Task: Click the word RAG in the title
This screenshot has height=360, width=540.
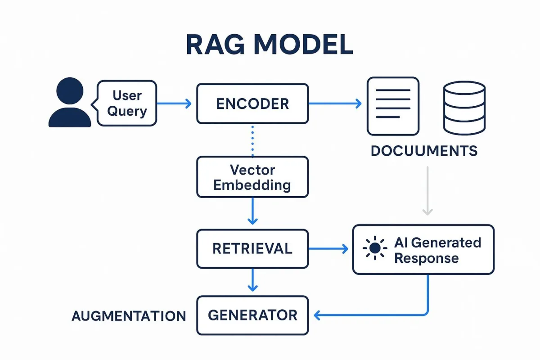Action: tap(215, 45)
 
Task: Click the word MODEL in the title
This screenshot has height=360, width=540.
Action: tap(303, 45)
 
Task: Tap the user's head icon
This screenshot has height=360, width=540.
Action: tap(70, 91)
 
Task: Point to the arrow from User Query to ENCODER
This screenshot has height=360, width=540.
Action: tap(174, 103)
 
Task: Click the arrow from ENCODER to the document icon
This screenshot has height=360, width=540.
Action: tap(335, 103)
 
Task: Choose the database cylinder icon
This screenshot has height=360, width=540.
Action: tap(464, 108)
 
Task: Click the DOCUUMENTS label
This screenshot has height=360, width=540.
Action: tap(424, 151)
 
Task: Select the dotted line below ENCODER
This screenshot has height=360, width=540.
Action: tap(252, 141)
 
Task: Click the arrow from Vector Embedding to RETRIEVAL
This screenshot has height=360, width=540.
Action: tap(252, 211)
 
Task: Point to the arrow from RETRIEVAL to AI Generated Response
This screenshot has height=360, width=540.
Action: tap(328, 248)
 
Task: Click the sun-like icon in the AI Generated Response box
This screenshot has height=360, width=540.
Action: tap(375, 248)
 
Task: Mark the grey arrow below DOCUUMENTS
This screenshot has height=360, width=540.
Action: tap(427, 191)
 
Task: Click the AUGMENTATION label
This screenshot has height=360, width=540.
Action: tap(129, 316)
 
